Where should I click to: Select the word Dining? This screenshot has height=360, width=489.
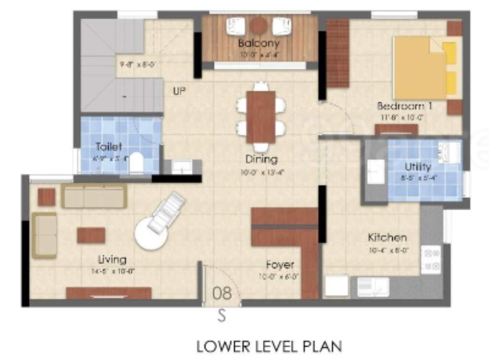tap(262, 159)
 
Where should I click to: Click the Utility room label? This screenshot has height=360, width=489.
tap(418, 166)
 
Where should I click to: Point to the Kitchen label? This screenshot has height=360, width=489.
tap(387, 238)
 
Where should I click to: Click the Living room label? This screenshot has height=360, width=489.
tap(112, 259)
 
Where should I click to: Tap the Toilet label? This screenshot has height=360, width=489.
tap(109, 146)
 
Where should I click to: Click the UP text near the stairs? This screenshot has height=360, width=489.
tap(179, 91)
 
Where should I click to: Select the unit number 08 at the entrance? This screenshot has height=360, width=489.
tap(222, 293)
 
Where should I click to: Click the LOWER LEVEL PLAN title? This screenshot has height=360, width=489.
tap(269, 346)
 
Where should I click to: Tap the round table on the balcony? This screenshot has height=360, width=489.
tap(258, 25)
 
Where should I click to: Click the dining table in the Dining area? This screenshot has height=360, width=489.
tap(261, 117)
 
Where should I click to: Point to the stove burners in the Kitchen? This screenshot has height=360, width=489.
tap(430, 259)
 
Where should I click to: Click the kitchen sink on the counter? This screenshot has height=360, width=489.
tap(374, 287)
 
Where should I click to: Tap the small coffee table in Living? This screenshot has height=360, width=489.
tap(91, 235)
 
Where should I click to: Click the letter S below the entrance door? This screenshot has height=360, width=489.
tap(222, 316)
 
